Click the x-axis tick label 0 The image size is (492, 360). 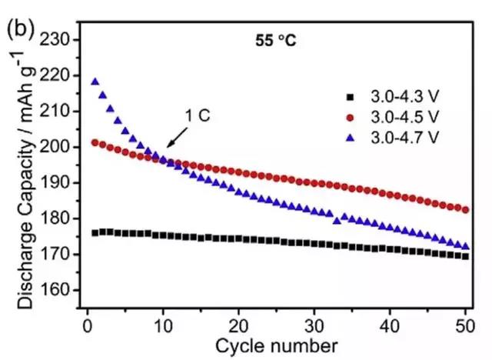pyautogui.click(x=87, y=325)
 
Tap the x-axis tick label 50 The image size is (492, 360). pyautogui.click(x=466, y=325)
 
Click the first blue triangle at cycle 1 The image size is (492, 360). pyautogui.click(x=95, y=82)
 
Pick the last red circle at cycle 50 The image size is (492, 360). pyautogui.click(x=466, y=209)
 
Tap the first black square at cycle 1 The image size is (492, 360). pyautogui.click(x=95, y=232)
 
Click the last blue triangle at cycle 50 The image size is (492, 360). pyautogui.click(x=466, y=246)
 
